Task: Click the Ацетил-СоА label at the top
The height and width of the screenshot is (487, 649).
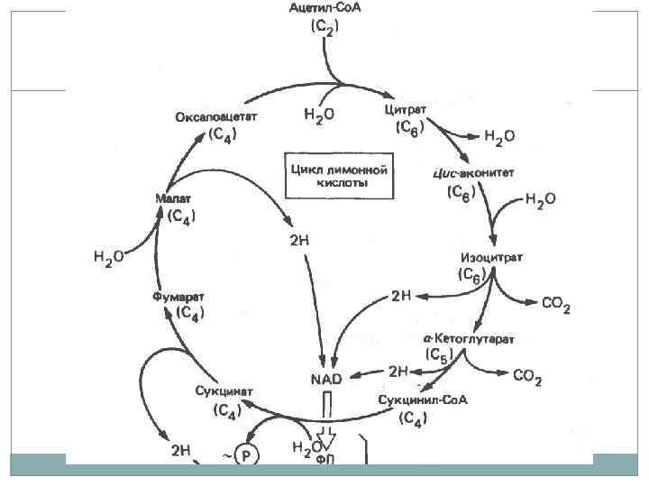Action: coord(324,9)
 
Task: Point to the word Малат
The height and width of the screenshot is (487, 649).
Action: coord(175,198)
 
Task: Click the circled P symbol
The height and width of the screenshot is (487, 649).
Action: coord(245,457)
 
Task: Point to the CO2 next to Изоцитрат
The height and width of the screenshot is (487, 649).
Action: coord(554,308)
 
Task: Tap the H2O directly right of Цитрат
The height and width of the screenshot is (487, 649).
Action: coord(498,136)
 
